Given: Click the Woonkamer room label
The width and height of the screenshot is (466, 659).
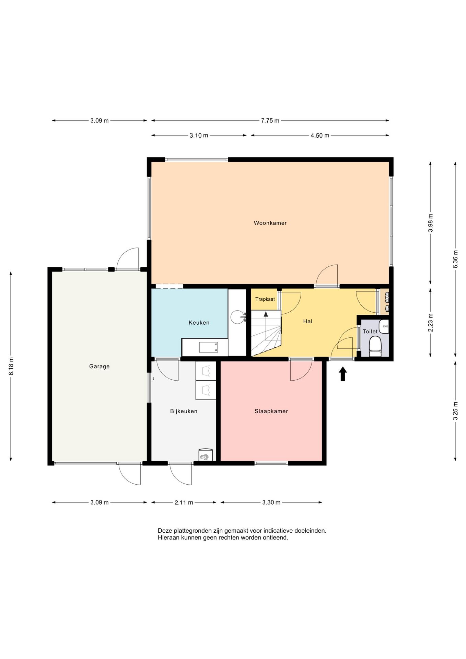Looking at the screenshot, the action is pyautogui.click(x=270, y=223).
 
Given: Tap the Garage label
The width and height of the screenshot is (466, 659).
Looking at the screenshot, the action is pyautogui.click(x=99, y=366).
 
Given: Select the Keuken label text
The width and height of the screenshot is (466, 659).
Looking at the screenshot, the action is pyautogui.click(x=199, y=323).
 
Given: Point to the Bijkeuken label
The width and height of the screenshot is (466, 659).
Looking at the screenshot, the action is pyautogui.click(x=184, y=411).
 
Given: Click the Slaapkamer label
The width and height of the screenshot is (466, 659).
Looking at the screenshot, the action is pyautogui.click(x=271, y=411).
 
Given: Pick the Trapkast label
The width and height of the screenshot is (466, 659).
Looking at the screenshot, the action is pyautogui.click(x=265, y=299).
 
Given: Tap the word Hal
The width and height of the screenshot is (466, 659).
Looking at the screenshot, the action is pyautogui.click(x=308, y=321).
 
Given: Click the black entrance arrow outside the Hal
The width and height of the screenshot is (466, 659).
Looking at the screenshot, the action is pyautogui.click(x=342, y=374).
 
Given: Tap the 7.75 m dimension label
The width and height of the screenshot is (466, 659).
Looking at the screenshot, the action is pyautogui.click(x=270, y=120).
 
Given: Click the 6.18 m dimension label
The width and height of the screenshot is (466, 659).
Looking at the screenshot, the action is pyautogui.click(x=11, y=366).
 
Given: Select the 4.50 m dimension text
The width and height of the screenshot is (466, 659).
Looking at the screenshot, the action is pyautogui.click(x=320, y=136).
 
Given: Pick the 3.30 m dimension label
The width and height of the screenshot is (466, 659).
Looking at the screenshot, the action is pyautogui.click(x=271, y=502).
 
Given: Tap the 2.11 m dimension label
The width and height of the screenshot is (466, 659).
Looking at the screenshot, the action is pyautogui.click(x=184, y=502).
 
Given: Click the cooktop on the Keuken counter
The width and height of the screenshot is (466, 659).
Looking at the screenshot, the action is pyautogui.click(x=209, y=347).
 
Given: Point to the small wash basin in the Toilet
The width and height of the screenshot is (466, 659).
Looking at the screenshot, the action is pyautogui.click(x=384, y=326).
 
